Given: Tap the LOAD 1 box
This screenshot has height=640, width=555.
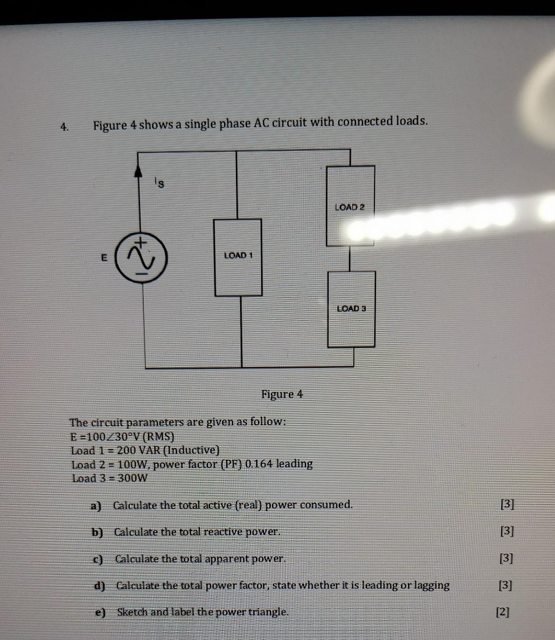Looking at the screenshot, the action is pyautogui.click(x=238, y=257).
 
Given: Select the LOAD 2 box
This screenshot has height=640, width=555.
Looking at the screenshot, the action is pyautogui.click(x=350, y=206).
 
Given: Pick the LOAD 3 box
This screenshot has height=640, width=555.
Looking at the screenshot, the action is pyautogui.click(x=351, y=309).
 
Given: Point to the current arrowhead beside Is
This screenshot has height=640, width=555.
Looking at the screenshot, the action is pyautogui.click(x=138, y=172).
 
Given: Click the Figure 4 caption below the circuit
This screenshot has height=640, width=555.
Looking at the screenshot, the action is pyautogui.click(x=282, y=394).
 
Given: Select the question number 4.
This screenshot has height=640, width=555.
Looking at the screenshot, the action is pyautogui.click(x=64, y=126).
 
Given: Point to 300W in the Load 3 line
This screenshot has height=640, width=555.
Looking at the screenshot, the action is pyautogui.click(x=133, y=478).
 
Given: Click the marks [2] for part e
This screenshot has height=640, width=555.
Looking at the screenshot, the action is pyautogui.click(x=503, y=612).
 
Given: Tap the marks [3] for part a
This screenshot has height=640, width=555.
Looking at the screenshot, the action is pyautogui.click(x=507, y=504).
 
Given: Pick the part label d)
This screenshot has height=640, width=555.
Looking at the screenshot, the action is pyautogui.click(x=100, y=586).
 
